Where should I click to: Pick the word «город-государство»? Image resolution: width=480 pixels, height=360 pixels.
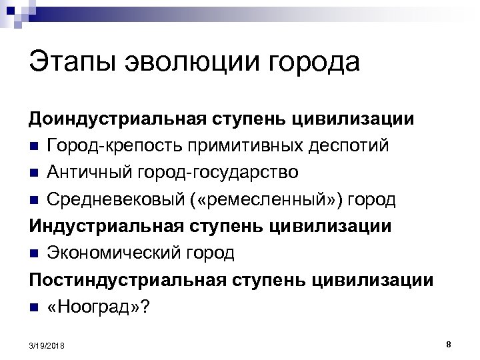(x=219, y=172)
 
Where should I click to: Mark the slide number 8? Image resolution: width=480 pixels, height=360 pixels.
(x=449, y=344)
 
